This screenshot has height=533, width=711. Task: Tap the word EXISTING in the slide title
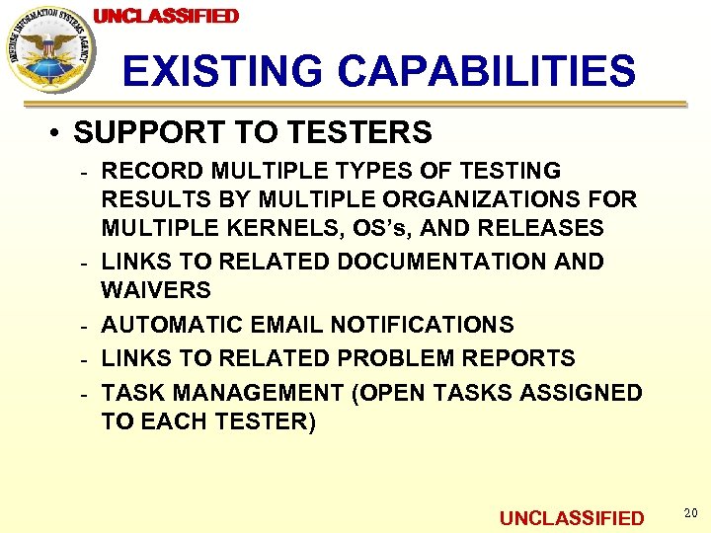(222, 71)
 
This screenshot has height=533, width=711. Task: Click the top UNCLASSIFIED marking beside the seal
(166, 16)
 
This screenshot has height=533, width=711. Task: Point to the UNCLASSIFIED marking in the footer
(572, 518)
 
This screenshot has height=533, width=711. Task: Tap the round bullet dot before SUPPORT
(59, 132)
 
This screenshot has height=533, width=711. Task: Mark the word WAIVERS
(156, 290)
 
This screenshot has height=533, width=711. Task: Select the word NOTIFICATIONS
(422, 325)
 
